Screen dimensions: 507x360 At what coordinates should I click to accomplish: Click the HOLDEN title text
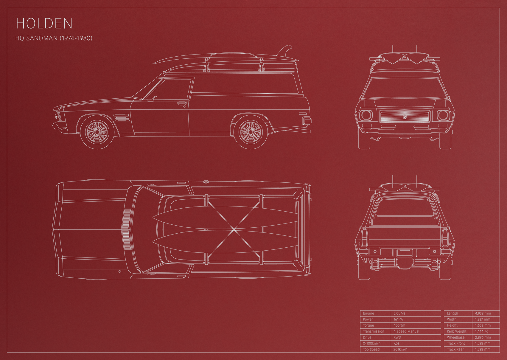click(44, 23)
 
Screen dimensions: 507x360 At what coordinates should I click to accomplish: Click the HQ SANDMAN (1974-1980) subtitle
click(54, 38)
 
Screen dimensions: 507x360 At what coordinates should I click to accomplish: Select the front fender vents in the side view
click(122, 118)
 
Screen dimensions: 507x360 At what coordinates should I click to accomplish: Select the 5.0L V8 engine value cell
click(399, 313)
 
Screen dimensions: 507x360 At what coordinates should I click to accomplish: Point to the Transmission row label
click(374, 331)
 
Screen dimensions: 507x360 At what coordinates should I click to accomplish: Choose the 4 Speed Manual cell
click(406, 331)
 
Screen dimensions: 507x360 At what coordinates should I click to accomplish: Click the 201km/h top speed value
click(400, 349)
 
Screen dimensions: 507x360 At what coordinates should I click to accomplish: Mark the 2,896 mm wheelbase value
click(483, 337)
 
